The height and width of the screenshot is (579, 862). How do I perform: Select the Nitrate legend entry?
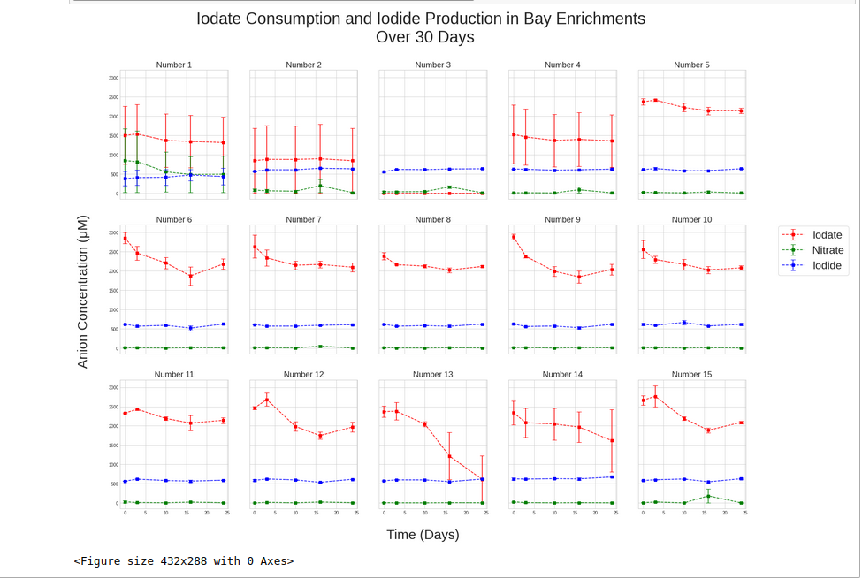[828, 250]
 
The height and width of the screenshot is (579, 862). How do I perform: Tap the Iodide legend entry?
[827, 265]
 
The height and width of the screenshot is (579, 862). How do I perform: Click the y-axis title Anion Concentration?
[83, 291]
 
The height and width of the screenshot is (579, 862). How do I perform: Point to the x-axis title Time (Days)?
[423, 535]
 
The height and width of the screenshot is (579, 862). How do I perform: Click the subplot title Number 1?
[173, 65]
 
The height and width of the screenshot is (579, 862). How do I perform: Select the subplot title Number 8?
[432, 220]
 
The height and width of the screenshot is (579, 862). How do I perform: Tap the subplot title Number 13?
[432, 375]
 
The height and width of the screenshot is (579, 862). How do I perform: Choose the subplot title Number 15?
[691, 375]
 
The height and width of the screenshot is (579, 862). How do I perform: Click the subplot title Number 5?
[691, 65]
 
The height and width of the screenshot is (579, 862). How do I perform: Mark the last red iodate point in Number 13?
[482, 479]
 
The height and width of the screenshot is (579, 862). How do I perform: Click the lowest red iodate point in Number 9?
[579, 277]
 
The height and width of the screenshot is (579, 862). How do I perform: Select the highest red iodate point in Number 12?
[267, 400]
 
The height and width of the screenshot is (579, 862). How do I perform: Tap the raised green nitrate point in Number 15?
[708, 496]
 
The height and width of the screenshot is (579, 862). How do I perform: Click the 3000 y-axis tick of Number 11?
[112, 387]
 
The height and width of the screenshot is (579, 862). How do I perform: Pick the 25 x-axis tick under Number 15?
[745, 513]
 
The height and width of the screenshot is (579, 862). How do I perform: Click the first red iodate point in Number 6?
[126, 239]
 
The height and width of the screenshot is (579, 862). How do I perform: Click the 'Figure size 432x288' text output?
[184, 560]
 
